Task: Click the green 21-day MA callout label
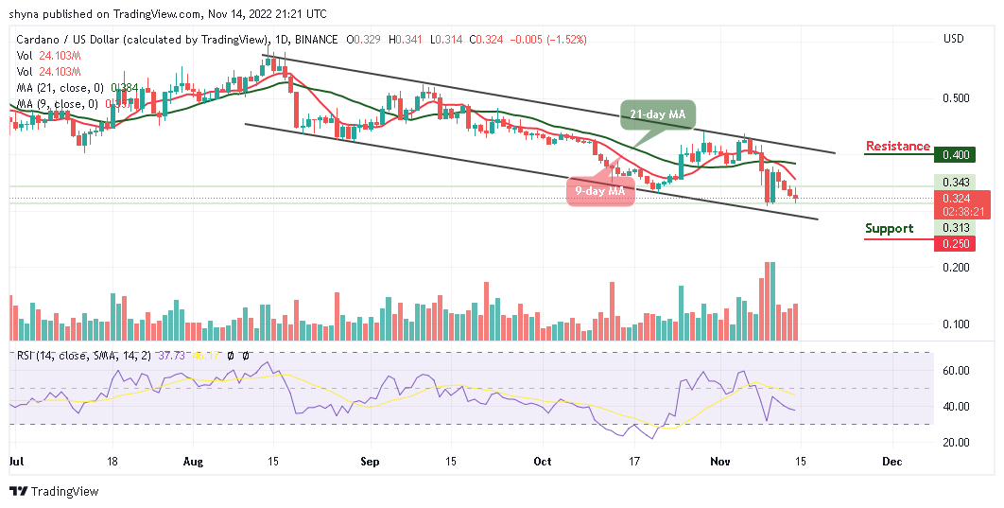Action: (657, 115)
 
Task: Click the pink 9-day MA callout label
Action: (599, 191)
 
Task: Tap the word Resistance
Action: (898, 146)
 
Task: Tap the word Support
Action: (889, 228)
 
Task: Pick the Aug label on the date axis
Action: (193, 463)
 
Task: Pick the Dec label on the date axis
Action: (891, 463)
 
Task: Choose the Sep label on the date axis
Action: (369, 463)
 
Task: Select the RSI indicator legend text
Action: (76, 356)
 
